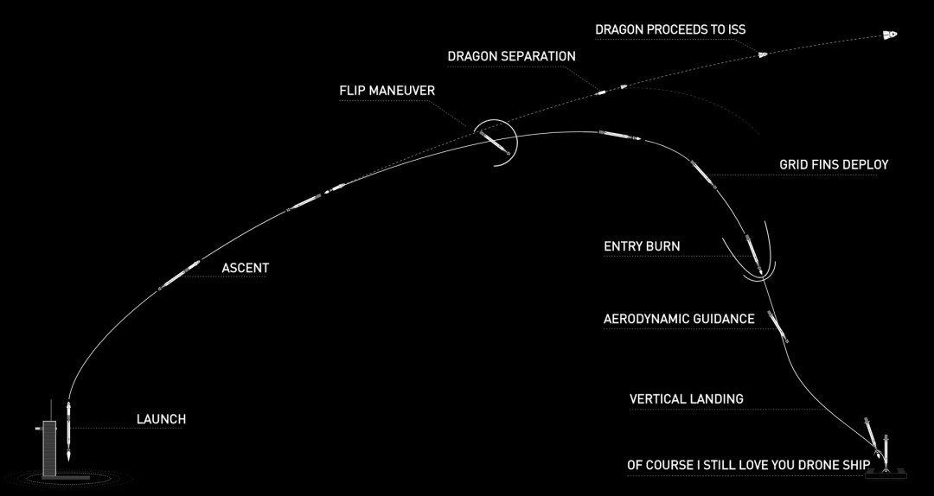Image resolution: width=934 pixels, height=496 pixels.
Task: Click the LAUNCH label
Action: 161,420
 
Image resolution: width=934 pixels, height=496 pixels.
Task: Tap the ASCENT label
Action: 245,268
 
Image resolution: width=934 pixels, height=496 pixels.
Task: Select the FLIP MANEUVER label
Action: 387,91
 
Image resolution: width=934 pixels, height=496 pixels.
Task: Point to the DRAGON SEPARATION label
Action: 511,56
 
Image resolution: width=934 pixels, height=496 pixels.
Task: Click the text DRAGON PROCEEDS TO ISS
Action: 670,29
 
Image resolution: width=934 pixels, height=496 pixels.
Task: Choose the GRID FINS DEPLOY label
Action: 833,164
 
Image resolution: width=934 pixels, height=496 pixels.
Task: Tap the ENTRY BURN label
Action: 642,246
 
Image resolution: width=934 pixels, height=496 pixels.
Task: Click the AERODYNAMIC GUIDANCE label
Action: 678,319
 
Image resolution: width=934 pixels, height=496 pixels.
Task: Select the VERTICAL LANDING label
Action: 686,399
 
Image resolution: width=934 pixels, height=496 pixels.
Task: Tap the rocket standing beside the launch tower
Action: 68,429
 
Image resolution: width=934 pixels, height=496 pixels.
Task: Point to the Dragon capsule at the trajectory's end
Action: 889,35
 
